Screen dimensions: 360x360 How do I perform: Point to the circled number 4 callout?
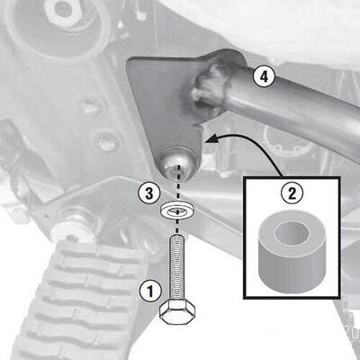262,76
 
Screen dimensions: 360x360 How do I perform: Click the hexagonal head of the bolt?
174,312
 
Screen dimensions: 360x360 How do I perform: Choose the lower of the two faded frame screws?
107,142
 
